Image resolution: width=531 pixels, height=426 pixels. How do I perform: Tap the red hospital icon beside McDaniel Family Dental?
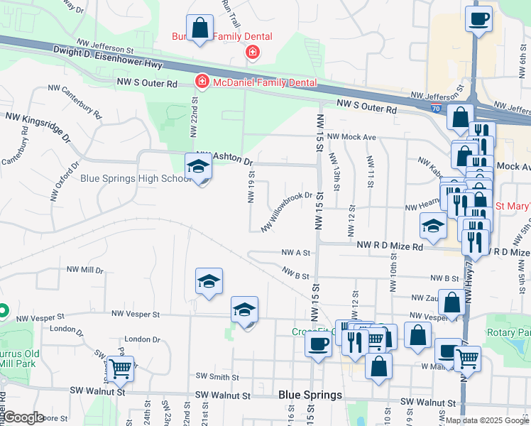pos(202,83)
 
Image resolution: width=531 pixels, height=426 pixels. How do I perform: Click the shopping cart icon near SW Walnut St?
pos(121,368)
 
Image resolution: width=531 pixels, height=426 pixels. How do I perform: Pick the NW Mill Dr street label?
pos(85,271)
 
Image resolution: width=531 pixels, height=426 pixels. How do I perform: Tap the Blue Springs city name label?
pos(310,395)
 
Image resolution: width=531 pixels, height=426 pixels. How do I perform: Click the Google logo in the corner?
pos(24,417)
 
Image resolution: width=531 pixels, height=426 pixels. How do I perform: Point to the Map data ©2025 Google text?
pos(486,420)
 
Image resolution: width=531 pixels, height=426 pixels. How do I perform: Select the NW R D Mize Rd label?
pos(390,246)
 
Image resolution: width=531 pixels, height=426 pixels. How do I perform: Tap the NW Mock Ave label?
pos(364,137)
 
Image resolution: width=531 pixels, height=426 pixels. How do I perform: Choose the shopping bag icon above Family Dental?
pos(199,28)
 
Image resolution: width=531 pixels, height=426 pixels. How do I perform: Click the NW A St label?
pos(296,252)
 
